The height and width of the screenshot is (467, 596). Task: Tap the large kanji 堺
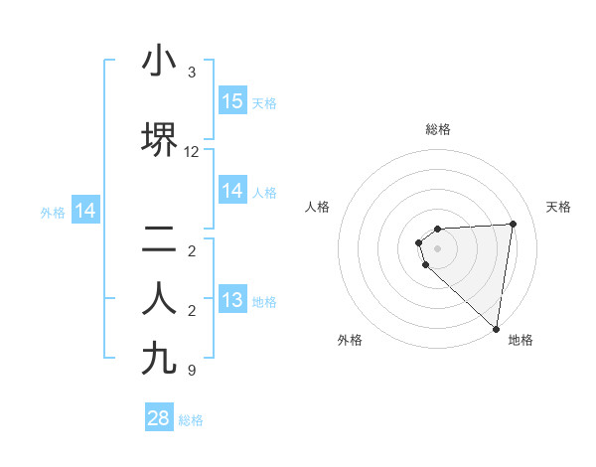(159, 140)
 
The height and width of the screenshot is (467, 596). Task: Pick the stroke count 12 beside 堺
(192, 152)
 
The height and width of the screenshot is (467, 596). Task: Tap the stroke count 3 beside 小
(192, 73)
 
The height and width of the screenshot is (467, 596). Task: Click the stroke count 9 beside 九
(192, 371)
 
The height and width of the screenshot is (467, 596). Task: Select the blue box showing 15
(232, 101)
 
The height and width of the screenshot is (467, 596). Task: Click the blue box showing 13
(232, 300)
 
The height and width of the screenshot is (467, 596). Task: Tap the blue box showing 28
(159, 418)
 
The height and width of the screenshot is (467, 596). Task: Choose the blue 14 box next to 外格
(85, 211)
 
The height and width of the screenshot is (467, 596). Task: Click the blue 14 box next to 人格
(232, 191)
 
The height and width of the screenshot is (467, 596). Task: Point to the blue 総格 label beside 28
(191, 420)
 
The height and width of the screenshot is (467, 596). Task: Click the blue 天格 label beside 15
(264, 102)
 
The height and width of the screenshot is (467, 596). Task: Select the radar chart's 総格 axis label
(438, 129)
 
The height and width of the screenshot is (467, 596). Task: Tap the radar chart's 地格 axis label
(521, 340)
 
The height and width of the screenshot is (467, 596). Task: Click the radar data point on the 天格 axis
(514, 224)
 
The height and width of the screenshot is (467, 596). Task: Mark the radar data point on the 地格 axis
(496, 328)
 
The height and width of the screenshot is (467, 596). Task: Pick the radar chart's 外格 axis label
(350, 340)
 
